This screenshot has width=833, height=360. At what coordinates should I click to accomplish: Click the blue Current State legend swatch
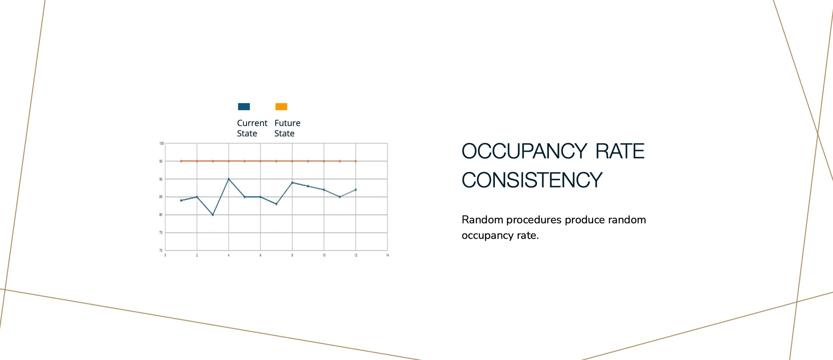tap(244, 107)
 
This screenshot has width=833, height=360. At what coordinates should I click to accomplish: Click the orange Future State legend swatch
tap(281, 107)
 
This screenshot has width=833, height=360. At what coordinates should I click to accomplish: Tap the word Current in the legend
tap(252, 123)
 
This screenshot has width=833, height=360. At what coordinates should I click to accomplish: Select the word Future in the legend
tap(287, 123)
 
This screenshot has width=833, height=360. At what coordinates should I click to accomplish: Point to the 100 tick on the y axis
tap(161, 143)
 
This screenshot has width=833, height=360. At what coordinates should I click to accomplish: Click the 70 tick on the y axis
tap(161, 250)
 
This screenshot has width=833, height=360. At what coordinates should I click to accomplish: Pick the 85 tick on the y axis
tap(161, 197)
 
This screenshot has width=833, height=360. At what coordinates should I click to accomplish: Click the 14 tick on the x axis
tap(387, 255)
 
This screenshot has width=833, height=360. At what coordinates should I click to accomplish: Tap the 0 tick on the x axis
tap(165, 255)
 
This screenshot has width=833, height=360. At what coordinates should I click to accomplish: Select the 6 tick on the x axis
tap(260, 255)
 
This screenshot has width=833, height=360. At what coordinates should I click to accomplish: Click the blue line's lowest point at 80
tap(213, 215)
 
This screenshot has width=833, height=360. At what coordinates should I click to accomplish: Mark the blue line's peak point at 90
tap(229, 179)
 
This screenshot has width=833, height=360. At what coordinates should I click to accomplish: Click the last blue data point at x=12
tap(355, 190)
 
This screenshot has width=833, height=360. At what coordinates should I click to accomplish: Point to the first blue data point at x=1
tap(181, 200)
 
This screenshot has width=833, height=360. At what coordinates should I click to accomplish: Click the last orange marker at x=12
tap(355, 161)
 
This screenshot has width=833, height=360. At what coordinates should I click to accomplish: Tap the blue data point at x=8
tap(292, 182)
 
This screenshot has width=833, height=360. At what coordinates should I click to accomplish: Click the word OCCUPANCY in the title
tap(524, 151)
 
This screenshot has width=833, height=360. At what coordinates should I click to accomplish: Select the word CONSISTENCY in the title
tap(532, 180)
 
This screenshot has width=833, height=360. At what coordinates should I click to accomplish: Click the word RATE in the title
tap(620, 151)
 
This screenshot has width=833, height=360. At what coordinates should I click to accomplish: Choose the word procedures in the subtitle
tap(534, 220)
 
